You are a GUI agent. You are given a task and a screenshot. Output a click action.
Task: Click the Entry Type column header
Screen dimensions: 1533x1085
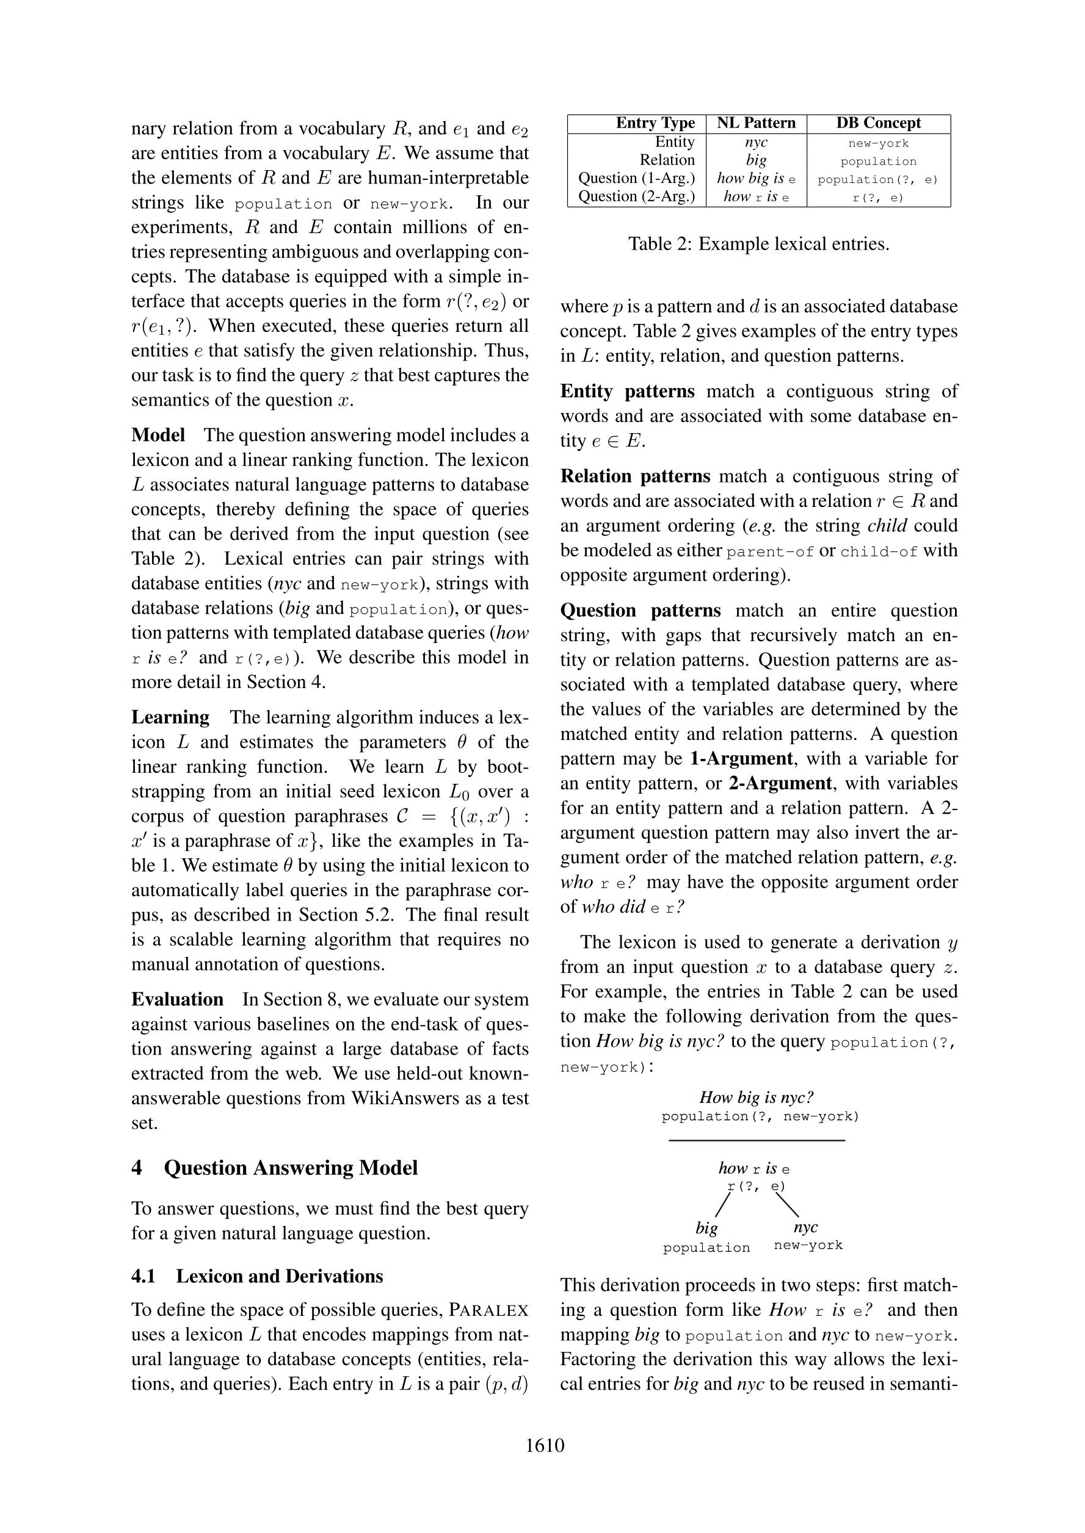(655, 123)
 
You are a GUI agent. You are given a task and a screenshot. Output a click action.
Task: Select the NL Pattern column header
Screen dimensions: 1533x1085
(757, 123)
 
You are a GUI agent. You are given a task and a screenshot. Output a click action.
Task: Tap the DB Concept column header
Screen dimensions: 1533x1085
(878, 123)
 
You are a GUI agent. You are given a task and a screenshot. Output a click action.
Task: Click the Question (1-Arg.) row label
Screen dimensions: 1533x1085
(636, 178)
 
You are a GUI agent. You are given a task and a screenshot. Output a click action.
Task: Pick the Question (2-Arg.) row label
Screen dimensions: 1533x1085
(636, 196)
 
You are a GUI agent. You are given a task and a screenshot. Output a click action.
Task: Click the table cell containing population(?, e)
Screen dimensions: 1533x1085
(878, 179)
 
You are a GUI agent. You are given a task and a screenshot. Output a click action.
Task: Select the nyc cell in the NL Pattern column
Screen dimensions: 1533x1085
(757, 142)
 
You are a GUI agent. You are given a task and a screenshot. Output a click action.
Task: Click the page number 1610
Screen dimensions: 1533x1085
(545, 1446)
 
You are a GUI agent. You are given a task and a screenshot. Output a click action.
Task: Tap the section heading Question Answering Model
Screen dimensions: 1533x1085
(291, 1168)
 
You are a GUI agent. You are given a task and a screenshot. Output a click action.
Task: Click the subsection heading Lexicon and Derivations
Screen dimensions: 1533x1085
(279, 1277)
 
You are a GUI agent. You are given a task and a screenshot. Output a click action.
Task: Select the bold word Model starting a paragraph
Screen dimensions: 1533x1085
(158, 436)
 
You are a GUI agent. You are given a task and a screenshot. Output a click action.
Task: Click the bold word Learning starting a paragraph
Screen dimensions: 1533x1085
(170, 718)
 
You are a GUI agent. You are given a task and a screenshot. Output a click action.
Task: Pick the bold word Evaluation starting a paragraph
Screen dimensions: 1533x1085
(177, 999)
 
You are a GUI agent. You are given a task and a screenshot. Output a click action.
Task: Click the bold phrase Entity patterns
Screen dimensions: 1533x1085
(627, 391)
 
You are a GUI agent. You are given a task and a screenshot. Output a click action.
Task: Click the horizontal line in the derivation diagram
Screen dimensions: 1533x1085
(757, 1140)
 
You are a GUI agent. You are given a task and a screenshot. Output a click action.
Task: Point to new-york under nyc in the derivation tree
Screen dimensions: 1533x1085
(808, 1245)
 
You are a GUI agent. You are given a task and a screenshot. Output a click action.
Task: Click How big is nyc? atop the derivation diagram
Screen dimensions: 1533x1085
(757, 1097)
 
